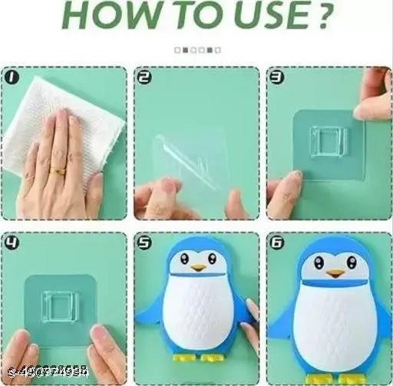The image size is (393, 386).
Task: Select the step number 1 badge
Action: tap(11, 78)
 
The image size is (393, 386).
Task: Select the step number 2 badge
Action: tap(144, 78)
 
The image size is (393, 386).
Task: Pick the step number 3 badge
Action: tap(276, 78)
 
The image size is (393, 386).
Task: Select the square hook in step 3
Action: tap(328, 143)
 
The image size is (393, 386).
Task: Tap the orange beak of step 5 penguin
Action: tap(198, 269)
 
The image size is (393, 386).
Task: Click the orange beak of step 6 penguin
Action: tap(335, 272)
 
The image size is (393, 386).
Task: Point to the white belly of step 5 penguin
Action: tap(198, 315)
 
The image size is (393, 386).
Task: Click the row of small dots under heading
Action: tap(197, 50)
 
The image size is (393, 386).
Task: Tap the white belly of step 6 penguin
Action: tap(335, 322)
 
